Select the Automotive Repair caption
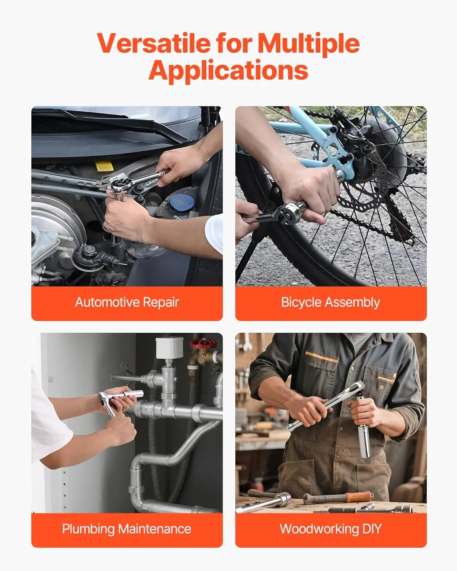point(127,302)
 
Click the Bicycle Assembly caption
point(331,302)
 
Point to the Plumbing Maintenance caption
point(127,529)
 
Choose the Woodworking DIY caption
point(331,529)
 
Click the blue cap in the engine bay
point(181,204)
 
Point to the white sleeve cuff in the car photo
point(214,233)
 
